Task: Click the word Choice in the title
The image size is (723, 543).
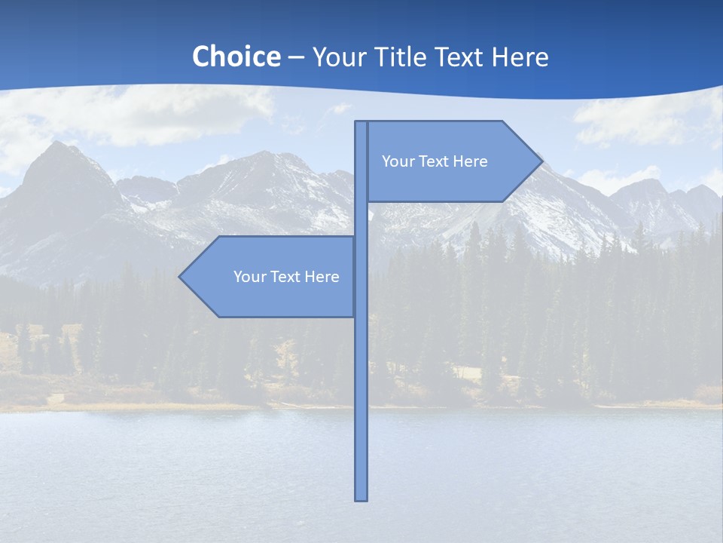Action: tap(236, 57)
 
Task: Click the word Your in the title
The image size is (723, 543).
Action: tap(338, 57)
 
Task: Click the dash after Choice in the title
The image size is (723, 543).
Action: tap(296, 57)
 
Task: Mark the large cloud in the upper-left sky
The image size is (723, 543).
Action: tap(151, 113)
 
